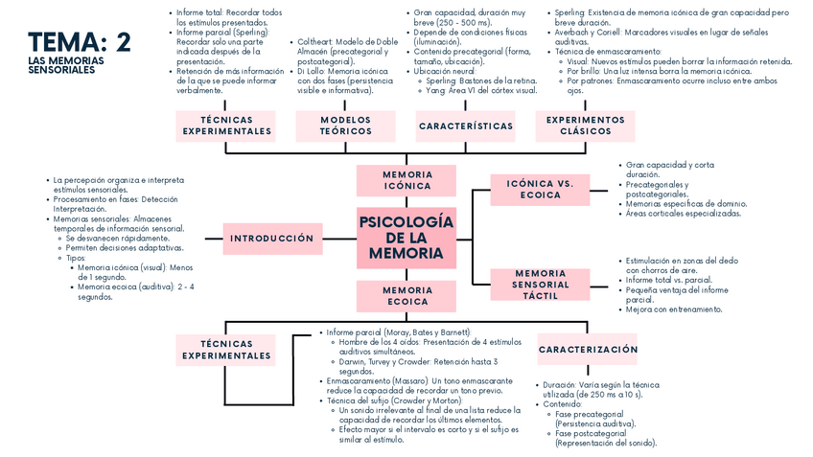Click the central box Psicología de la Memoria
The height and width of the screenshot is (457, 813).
(x=406, y=237)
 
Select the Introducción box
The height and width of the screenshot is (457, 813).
(x=271, y=238)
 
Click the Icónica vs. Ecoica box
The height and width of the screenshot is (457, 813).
(x=540, y=189)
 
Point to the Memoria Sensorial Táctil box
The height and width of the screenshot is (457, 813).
(x=540, y=285)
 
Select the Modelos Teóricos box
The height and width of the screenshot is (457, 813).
(x=345, y=126)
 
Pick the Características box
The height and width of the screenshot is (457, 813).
(x=466, y=126)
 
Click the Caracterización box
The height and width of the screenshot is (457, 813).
(x=588, y=350)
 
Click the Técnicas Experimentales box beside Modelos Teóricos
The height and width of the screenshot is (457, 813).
(x=227, y=126)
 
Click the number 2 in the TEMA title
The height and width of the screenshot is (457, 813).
(x=123, y=42)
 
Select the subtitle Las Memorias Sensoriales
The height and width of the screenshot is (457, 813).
(x=66, y=65)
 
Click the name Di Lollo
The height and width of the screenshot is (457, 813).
(x=309, y=71)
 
